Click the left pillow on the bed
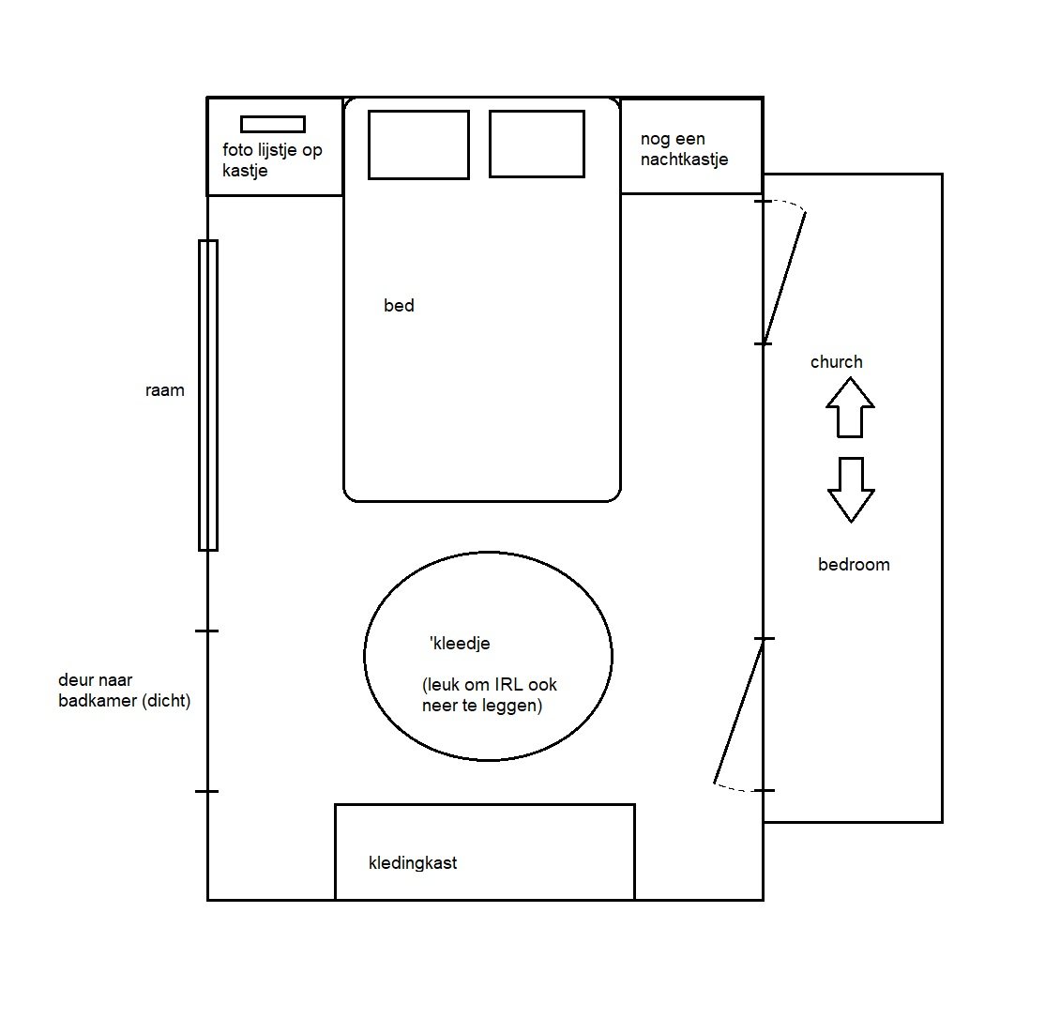coord(418,144)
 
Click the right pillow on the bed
coord(537,144)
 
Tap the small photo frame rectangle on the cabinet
coord(273,124)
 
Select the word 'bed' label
coord(399,306)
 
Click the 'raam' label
coord(165,390)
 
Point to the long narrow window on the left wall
coord(208,395)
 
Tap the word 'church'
coord(837,362)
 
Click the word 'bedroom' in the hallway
coord(854,565)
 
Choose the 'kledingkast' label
coord(413,863)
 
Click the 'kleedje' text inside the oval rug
coord(461,644)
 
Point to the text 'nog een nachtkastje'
coord(684,149)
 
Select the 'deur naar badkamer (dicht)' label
coord(124,692)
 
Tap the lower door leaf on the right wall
coord(738,710)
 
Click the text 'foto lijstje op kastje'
coord(272,160)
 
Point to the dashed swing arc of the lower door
coord(735,789)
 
